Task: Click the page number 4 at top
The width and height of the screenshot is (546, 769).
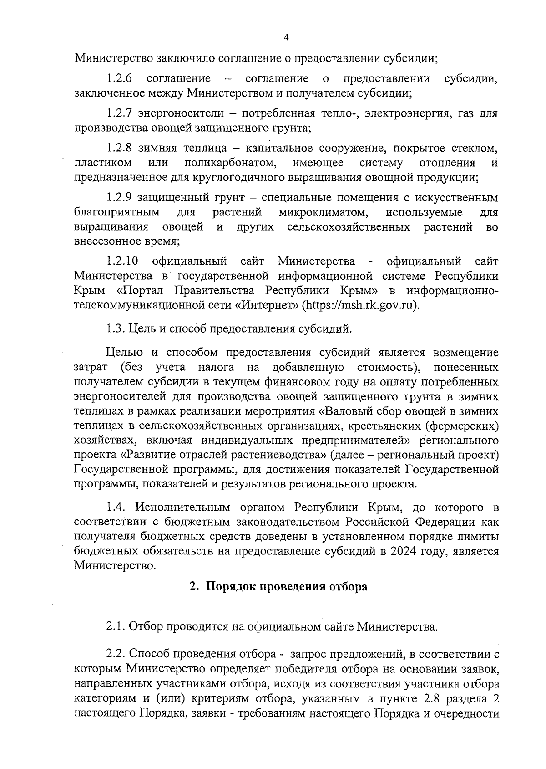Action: pos(286,38)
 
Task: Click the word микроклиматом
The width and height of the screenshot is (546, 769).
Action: pos(323,212)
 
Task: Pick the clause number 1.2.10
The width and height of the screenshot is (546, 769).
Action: pos(122,261)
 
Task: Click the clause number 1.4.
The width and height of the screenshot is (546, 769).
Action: pos(116,508)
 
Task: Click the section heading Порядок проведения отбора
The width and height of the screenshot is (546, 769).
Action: pos(287,587)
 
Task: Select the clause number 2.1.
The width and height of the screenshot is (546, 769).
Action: pos(116,627)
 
